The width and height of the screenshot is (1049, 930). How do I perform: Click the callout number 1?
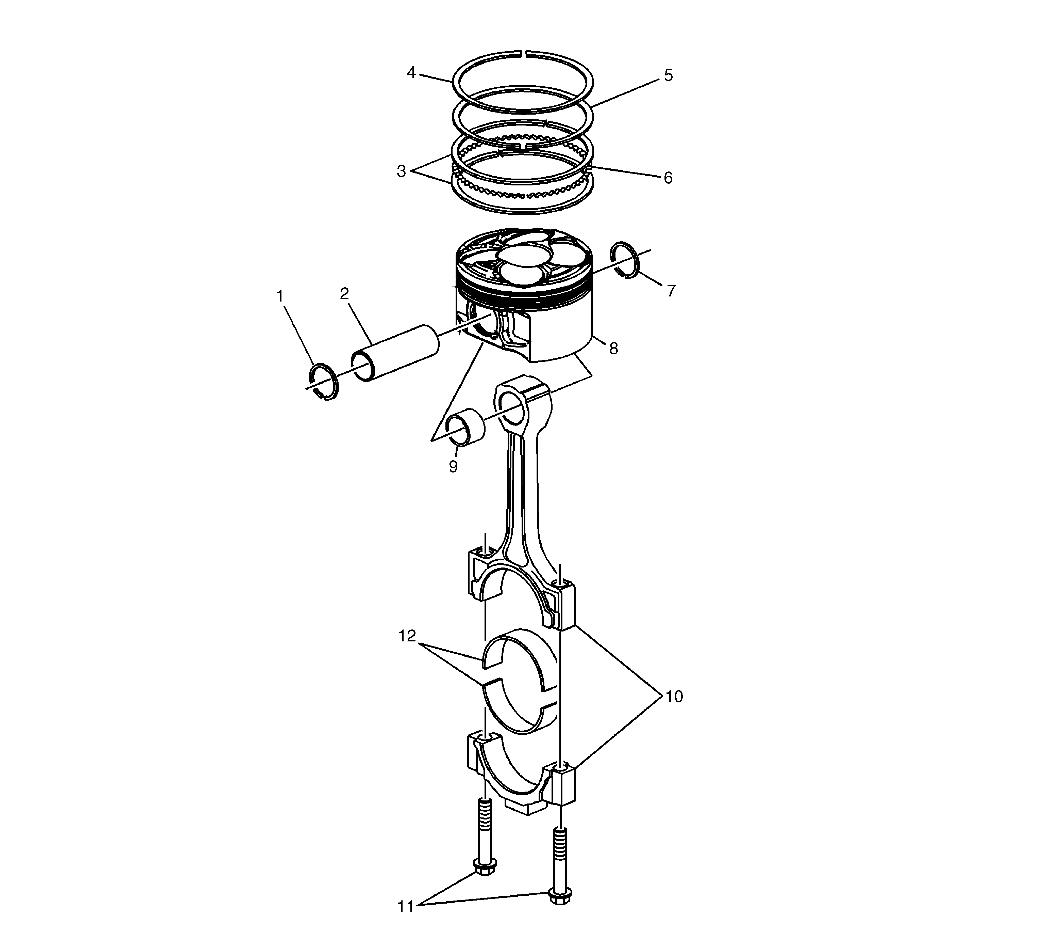[x=280, y=296]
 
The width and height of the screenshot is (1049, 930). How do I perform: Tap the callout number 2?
[x=344, y=294]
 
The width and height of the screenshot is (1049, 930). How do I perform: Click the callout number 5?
[x=668, y=75]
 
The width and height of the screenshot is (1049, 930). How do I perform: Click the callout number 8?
[x=613, y=349]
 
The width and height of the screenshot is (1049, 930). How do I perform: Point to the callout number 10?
[x=674, y=697]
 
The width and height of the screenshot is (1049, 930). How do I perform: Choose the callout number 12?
[x=407, y=636]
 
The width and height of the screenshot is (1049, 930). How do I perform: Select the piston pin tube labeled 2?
[x=395, y=353]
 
